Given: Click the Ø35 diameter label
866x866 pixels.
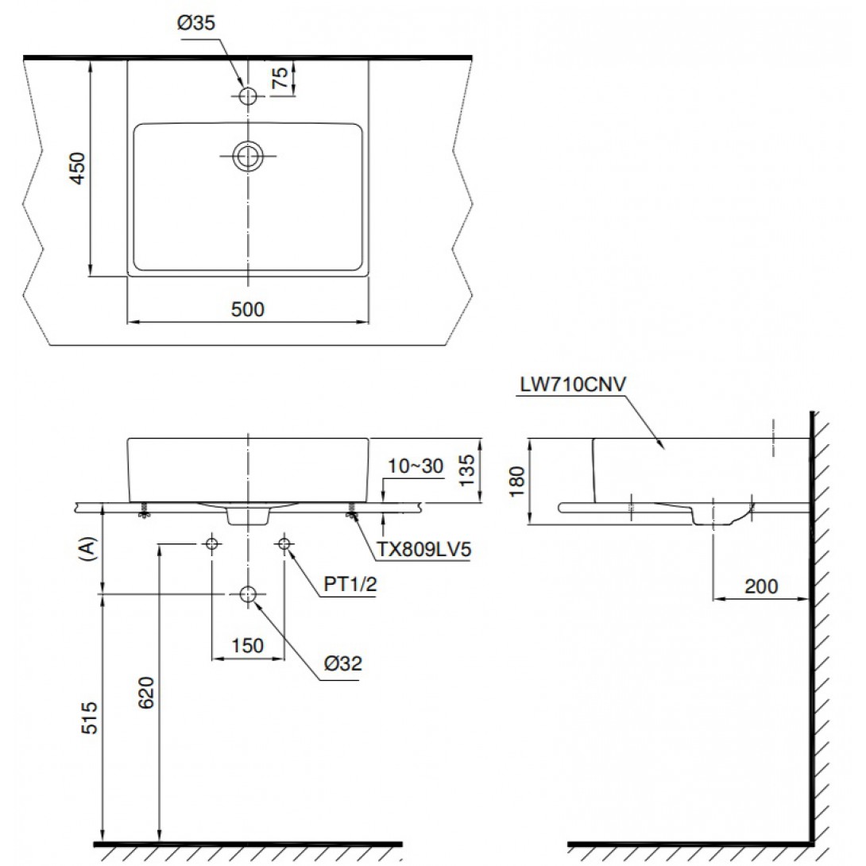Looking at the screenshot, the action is tap(196, 23).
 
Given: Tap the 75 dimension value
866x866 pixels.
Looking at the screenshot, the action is tap(280, 78).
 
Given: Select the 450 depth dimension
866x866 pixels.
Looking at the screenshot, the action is tap(78, 168).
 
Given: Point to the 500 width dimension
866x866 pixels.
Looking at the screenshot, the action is tap(247, 309).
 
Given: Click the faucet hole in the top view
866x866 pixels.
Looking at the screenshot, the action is tap(248, 96).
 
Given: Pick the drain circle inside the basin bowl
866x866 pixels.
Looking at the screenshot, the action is tap(247, 156).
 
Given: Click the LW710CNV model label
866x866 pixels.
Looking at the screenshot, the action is tap(573, 385).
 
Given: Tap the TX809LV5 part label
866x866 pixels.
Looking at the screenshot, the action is tap(423, 550).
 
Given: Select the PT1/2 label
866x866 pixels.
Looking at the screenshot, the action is tap(350, 584).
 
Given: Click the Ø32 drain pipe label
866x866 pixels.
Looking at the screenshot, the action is tap(343, 663).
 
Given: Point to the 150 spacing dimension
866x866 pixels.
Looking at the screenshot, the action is tap(247, 645).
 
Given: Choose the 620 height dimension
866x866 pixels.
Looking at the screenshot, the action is tap(146, 693).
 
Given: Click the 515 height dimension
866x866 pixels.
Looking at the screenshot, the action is tap(90, 718).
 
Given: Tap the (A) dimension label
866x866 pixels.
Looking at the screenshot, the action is tap(88, 550).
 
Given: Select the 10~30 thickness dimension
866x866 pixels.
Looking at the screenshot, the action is tap(416, 466).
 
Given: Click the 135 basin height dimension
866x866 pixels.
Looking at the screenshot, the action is tap(467, 470).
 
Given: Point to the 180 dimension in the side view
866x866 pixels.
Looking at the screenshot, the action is tap(517, 481).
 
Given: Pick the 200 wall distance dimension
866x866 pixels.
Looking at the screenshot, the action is tap(761, 586).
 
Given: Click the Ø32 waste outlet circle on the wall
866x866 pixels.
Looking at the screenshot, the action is tap(248, 594).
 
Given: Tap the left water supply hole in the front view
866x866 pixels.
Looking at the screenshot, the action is tap(211, 544).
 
